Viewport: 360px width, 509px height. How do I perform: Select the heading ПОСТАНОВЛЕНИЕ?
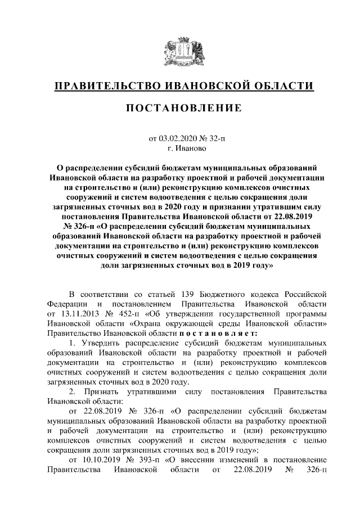(x=179, y=108)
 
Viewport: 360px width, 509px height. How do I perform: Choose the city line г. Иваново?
(x=179, y=148)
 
